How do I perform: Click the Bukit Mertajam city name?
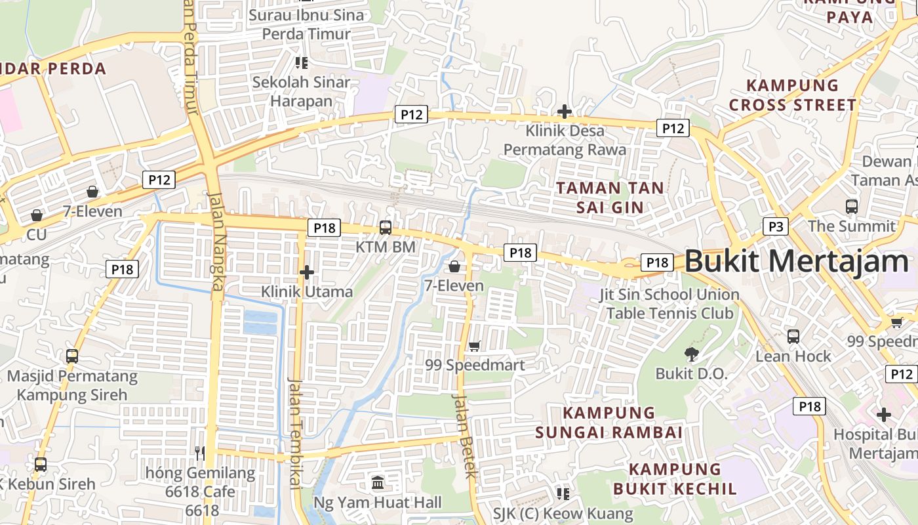click(x=797, y=261)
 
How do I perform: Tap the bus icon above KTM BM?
click(x=386, y=228)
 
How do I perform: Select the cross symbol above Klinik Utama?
click(x=306, y=272)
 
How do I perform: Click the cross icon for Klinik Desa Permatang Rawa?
click(x=564, y=112)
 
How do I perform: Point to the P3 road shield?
click(x=776, y=226)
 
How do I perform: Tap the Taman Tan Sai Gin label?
click(x=610, y=198)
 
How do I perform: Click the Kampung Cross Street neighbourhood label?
click(x=793, y=95)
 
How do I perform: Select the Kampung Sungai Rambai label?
click(x=609, y=423)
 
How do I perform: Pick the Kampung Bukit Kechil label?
click(x=675, y=479)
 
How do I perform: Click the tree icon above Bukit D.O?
click(x=691, y=354)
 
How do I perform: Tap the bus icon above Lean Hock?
click(x=793, y=337)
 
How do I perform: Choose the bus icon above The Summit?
click(x=851, y=207)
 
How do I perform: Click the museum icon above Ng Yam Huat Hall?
click(x=378, y=484)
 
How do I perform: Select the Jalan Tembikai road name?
click(x=295, y=433)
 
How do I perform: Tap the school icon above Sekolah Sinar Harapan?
click(x=301, y=63)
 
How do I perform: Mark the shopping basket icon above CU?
click(x=37, y=215)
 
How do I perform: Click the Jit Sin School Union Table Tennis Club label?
click(x=669, y=303)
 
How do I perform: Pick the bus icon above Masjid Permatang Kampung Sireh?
click(x=72, y=356)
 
